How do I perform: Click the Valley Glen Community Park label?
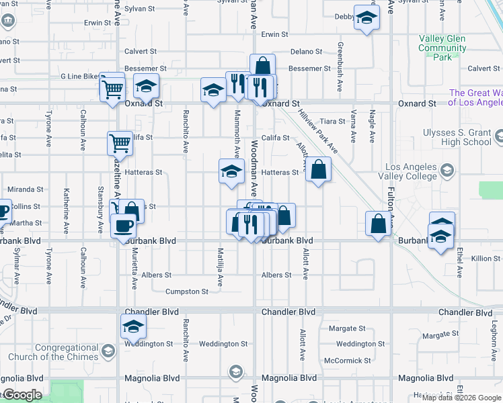click(442, 48)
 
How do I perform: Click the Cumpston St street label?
click(187, 292)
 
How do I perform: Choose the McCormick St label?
click(343, 361)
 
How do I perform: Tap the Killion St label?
click(486, 259)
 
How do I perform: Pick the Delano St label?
click(307, 51)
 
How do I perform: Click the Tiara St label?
click(332, 121)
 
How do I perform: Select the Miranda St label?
click(25, 190)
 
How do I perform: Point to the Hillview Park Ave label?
click(319, 133)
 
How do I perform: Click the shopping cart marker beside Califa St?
click(119, 142)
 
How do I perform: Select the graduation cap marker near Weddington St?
click(133, 328)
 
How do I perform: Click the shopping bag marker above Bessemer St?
click(262, 66)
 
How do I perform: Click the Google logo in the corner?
click(22, 395)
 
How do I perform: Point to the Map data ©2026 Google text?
click(461, 397)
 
